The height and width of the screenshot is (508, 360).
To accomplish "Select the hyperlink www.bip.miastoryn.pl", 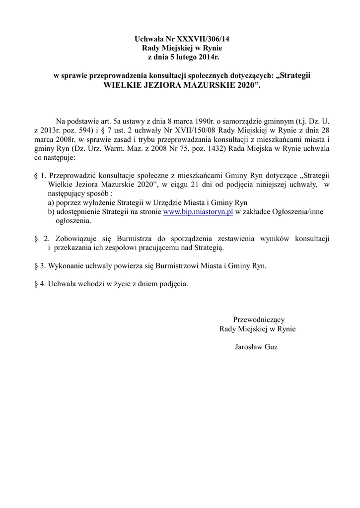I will (x=198, y=212).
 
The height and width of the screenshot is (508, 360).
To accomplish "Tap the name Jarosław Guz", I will (x=256, y=347).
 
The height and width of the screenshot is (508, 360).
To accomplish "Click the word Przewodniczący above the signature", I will (x=259, y=319).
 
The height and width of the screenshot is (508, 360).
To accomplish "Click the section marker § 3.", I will (x=40, y=265).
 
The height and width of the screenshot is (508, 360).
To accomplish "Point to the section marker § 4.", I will (x=40, y=284).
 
